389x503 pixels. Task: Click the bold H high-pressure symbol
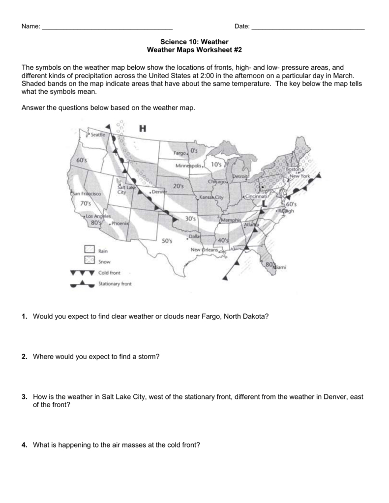(x=143, y=129)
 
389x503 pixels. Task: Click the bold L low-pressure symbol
(x=265, y=202)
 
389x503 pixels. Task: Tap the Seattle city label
(x=96, y=135)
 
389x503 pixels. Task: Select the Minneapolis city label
(x=188, y=167)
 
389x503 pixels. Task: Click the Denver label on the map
(x=160, y=192)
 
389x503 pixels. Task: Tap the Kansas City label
(x=212, y=197)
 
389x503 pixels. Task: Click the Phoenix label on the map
(x=120, y=224)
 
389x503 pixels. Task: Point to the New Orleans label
(x=204, y=250)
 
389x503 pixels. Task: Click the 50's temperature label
(x=167, y=241)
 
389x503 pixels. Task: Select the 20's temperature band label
(x=178, y=186)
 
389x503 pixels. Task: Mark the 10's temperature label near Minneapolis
(x=216, y=165)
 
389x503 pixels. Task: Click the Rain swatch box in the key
(x=89, y=250)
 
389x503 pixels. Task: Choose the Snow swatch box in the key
(x=89, y=261)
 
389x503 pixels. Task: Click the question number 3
(x=24, y=397)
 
